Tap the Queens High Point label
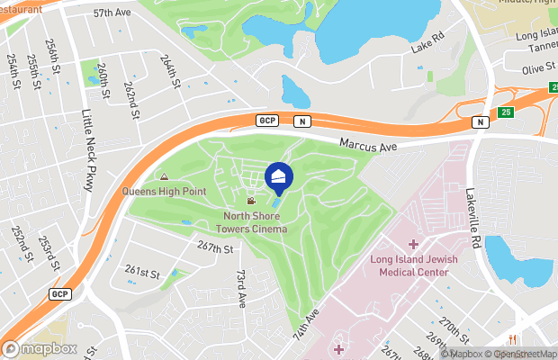[165, 191]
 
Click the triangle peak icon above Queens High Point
[164, 177]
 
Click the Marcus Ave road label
[368, 144]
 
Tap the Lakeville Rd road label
[472, 216]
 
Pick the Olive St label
[538, 67]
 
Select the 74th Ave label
[304, 327]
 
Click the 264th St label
[171, 70]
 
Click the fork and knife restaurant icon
[512, 339]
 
